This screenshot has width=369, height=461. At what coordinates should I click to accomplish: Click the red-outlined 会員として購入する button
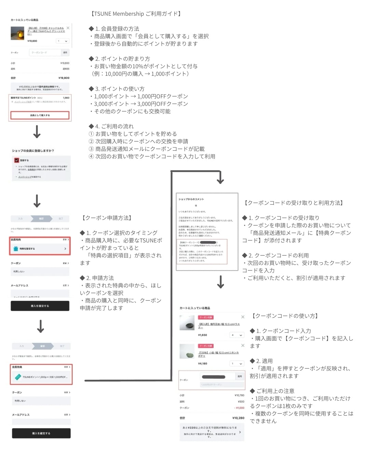click(x=40, y=115)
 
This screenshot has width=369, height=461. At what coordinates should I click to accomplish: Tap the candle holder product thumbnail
click(x=17, y=33)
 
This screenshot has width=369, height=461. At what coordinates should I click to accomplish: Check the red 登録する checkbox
click(x=17, y=160)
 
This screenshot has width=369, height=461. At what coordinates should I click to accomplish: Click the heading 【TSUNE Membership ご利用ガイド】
click(x=136, y=14)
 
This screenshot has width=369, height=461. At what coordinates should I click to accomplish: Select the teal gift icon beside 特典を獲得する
click(x=16, y=249)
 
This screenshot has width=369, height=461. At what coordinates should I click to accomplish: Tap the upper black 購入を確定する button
click(x=40, y=306)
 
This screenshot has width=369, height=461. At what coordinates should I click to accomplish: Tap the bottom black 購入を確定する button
click(x=41, y=433)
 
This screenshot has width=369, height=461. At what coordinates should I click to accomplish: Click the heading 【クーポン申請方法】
click(x=107, y=218)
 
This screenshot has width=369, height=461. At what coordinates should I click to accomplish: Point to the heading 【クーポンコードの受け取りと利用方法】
click(x=294, y=203)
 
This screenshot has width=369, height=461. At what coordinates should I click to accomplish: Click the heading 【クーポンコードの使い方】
click(x=285, y=316)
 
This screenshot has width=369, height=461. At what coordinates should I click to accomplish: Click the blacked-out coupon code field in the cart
click(x=214, y=377)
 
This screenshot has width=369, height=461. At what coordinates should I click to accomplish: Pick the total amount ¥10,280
click(x=238, y=418)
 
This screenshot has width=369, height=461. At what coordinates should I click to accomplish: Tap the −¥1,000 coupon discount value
click(x=240, y=408)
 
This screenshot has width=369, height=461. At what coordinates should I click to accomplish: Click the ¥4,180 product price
click(x=203, y=363)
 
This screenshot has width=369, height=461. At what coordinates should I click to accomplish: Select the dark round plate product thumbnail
click(x=187, y=323)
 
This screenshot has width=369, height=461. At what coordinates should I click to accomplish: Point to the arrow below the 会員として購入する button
click(x=37, y=131)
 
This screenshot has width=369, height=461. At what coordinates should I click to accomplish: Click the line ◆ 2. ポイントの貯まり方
click(x=119, y=59)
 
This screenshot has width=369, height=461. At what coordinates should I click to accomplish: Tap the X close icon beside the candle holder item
click(x=68, y=28)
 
